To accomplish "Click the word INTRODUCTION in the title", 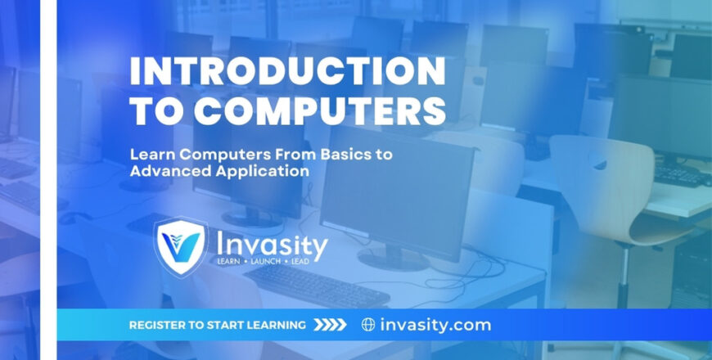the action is tap(287, 71).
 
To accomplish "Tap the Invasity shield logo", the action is tap(181, 246).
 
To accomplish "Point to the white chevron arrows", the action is tap(330, 325).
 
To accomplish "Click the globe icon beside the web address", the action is tap(368, 325).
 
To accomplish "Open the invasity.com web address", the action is tap(435, 326).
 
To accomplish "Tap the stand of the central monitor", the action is tap(393, 256).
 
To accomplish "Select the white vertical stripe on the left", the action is tap(48, 180).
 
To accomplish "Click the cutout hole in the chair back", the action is tap(599, 162).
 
